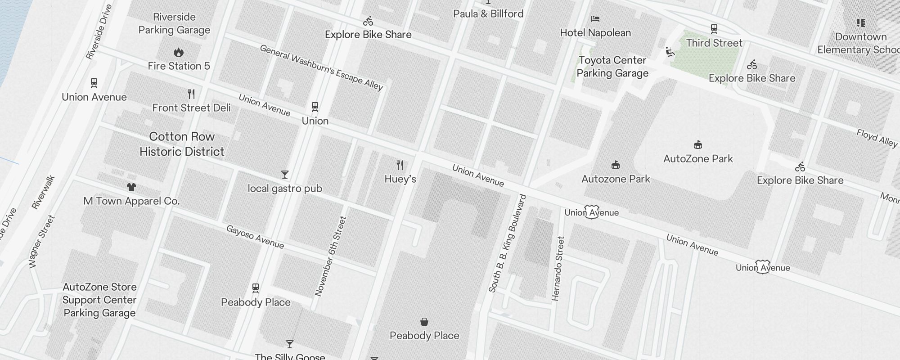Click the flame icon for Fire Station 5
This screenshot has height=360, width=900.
point(179,53)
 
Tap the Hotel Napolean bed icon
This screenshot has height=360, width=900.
point(595,19)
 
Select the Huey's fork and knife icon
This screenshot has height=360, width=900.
point(400,165)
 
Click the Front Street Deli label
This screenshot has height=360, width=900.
point(191,108)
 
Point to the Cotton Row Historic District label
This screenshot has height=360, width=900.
point(182,144)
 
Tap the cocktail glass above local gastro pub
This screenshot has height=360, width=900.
point(284,175)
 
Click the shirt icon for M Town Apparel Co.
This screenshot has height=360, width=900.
point(131,187)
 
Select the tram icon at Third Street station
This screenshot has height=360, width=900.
point(714,29)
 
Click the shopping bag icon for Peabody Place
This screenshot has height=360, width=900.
point(424,322)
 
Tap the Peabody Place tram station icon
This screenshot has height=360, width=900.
point(256,288)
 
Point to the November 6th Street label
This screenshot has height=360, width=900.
point(331,256)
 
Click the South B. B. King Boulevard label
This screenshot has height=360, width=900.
point(507,243)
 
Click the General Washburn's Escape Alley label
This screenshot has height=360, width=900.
point(321,67)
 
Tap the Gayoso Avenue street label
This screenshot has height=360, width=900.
point(255,237)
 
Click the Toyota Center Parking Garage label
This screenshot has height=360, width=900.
point(612,67)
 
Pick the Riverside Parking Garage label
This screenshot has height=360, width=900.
point(174,23)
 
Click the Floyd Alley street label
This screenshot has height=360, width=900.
point(877,138)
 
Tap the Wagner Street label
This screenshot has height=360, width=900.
point(42,242)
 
